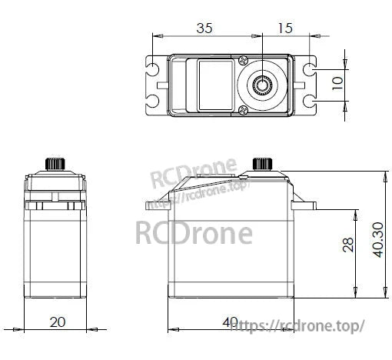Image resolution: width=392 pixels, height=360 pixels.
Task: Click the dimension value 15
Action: tap(284, 29)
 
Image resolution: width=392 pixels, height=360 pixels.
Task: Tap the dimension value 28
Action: tap(348, 245)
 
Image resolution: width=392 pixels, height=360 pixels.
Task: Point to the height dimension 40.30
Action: tap(377, 241)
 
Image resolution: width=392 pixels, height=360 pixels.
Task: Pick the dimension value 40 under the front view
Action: tap(230, 321)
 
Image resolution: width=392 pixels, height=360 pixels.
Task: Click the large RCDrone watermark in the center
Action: tap(194, 232)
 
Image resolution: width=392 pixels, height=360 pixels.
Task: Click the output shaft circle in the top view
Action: tap(262, 84)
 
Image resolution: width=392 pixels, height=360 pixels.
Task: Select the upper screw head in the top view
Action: tap(244, 60)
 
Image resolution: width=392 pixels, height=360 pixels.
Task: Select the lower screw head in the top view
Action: tap(244, 108)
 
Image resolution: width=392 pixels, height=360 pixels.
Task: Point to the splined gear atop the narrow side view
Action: tap(55, 164)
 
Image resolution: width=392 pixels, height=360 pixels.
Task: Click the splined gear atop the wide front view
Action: tap(262, 164)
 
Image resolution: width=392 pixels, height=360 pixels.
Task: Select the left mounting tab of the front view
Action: tap(157, 205)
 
